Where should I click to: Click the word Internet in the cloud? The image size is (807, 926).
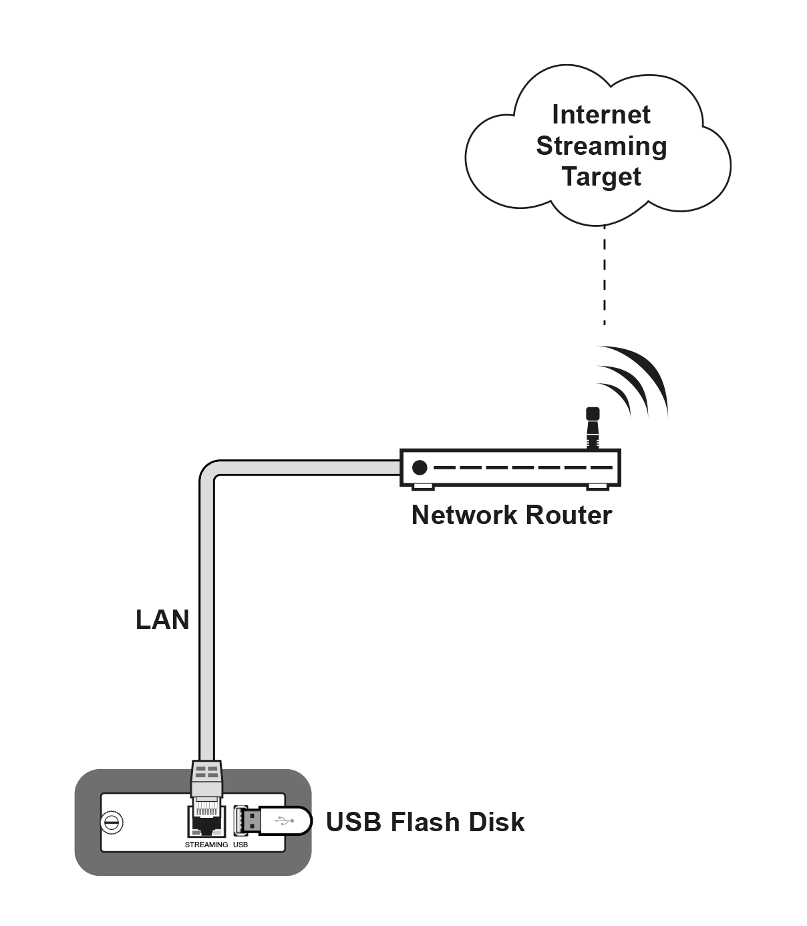pos(601,115)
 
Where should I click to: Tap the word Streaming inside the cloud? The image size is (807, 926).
pos(601,146)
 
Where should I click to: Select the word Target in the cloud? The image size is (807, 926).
pos(601,177)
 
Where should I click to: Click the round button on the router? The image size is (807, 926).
pos(419,467)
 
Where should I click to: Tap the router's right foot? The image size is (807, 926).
pos(597,487)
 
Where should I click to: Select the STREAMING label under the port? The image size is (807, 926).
pos(206,845)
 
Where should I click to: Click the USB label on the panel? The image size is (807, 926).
pos(241,845)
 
